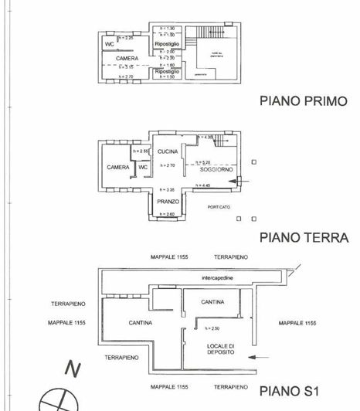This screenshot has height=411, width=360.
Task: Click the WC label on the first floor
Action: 110,44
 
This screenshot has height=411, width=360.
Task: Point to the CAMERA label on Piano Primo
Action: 127,59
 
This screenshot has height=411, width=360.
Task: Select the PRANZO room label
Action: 168,201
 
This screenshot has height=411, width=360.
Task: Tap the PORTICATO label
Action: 219,207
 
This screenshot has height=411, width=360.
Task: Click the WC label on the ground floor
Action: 143,167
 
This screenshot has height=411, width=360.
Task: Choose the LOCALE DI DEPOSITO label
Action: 220,348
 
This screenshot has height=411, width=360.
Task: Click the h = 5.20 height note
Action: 203,162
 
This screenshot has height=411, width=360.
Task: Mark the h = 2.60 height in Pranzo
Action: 168,213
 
